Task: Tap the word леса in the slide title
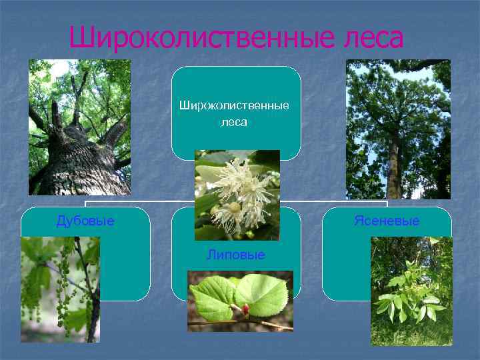tap(370, 38)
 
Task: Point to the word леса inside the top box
tap(234, 122)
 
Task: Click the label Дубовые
tap(85, 221)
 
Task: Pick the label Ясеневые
tap(387, 221)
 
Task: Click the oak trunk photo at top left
tap(79, 127)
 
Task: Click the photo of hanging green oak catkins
tap(60, 290)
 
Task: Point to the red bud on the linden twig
tap(245, 309)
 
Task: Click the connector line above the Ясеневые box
tap(387, 203)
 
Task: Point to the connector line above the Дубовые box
tap(85, 203)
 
